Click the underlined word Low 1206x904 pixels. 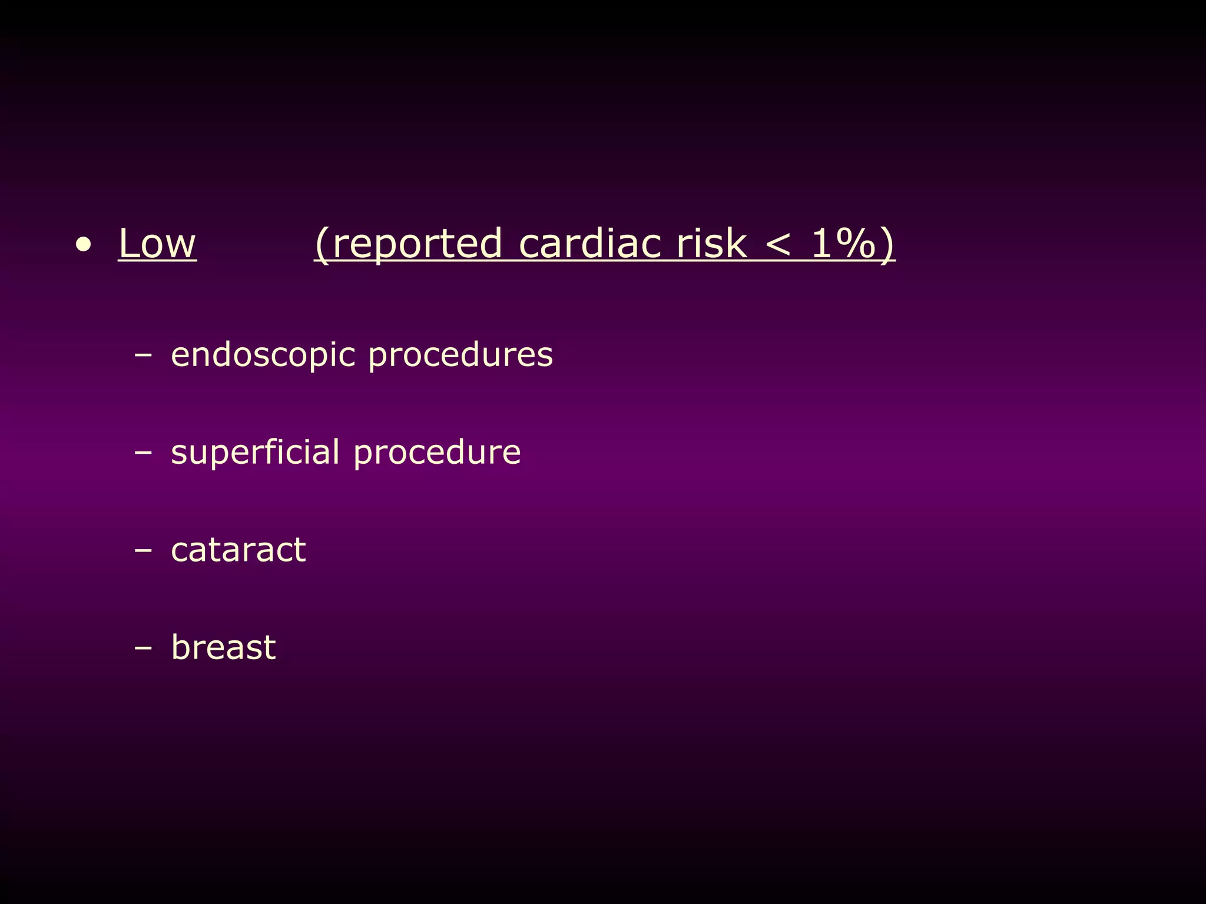click(157, 243)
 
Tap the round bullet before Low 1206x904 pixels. click(84, 245)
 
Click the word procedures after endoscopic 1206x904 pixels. click(460, 355)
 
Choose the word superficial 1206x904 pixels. click(255, 453)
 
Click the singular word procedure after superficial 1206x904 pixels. click(437, 453)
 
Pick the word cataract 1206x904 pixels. click(238, 550)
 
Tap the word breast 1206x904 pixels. click(223, 647)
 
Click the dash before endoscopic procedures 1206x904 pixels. click(143, 355)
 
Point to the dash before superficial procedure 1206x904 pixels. click(143, 453)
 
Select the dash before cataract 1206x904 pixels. click(143, 550)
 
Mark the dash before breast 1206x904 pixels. click(143, 648)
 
